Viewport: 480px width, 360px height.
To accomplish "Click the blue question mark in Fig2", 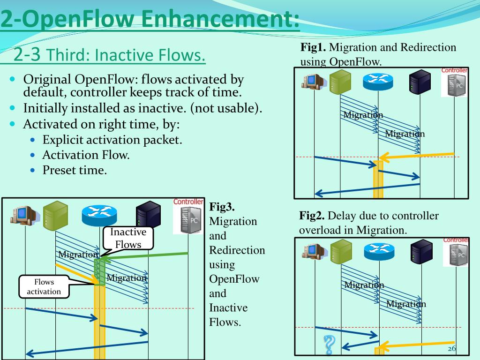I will tap(330, 345).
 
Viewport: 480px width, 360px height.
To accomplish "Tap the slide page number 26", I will tap(451, 349).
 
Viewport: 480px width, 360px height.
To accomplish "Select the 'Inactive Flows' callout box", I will tap(128, 238).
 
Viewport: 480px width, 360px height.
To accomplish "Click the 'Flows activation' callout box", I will tap(44, 287).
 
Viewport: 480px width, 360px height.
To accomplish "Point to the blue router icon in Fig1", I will tap(379, 82).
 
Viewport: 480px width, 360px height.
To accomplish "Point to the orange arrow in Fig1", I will tap(417, 156).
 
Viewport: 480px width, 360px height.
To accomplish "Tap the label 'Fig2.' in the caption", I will tap(312, 216).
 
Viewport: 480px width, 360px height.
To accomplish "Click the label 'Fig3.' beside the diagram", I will tap(221, 206).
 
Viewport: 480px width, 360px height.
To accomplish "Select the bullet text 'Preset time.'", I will tap(75, 170).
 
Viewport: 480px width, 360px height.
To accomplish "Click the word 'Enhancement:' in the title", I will tap(220, 20).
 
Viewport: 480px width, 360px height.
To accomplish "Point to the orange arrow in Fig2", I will tap(420, 345).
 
